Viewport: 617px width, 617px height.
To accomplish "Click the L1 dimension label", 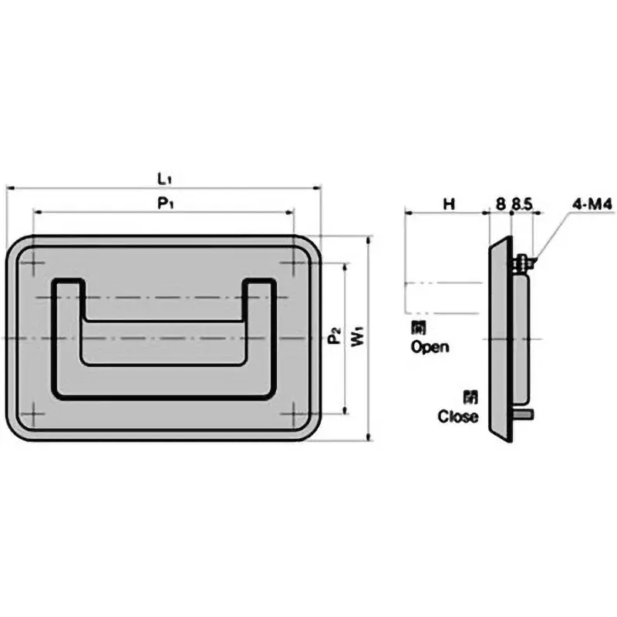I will pos(164,178).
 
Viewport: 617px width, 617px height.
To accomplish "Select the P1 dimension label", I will pos(164,203).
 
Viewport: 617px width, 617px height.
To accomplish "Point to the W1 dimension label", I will pos(356,337).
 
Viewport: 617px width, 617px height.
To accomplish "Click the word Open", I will pos(430,347).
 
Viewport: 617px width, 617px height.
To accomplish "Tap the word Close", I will pos(458,417).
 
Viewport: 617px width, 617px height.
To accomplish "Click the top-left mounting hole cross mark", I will pos(34,265).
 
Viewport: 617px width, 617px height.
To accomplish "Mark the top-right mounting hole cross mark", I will pos(294,265).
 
